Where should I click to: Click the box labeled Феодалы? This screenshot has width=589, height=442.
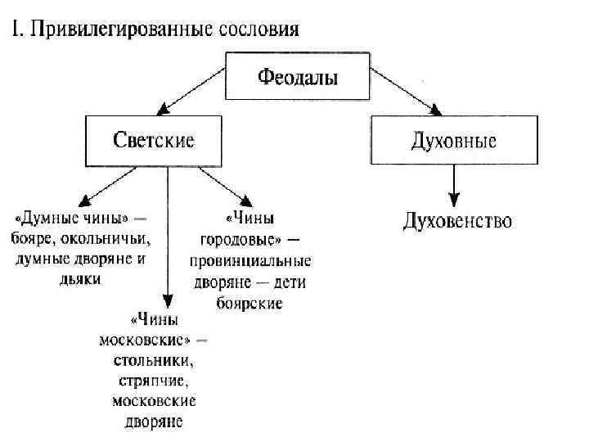click(298, 79)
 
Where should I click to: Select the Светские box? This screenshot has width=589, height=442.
click(153, 141)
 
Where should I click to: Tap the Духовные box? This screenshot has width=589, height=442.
click(454, 141)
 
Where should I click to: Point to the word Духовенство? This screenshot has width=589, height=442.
click(457, 222)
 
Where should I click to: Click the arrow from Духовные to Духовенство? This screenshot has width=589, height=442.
click(454, 185)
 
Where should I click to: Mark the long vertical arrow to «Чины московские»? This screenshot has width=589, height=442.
click(168, 237)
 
